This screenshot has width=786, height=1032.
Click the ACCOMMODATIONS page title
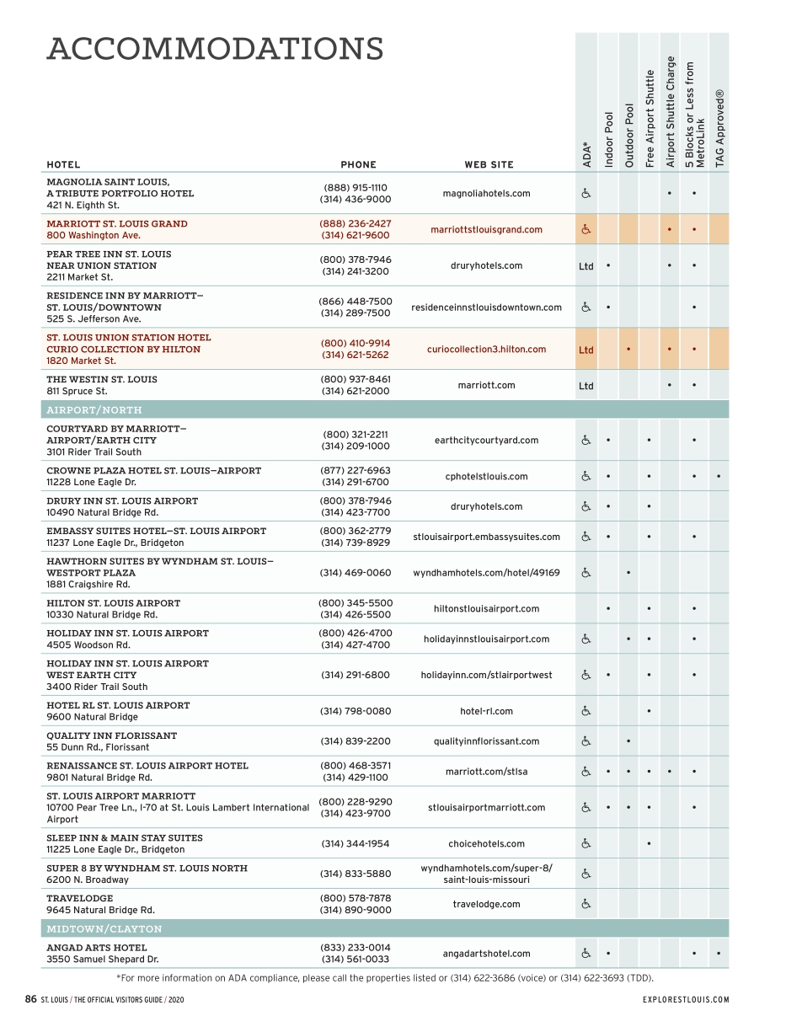(x=215, y=50)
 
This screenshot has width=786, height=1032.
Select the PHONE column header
(x=358, y=165)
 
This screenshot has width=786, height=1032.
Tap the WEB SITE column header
(x=489, y=165)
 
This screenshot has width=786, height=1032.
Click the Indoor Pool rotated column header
(x=608, y=139)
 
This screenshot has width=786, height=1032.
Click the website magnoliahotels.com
(x=486, y=194)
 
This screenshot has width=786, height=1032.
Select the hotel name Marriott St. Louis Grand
(x=117, y=224)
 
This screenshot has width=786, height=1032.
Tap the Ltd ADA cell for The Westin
(x=585, y=386)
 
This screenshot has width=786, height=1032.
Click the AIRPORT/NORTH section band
(x=385, y=410)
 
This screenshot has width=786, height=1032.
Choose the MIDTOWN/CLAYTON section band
(x=385, y=929)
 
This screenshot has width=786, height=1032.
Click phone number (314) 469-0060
(x=356, y=573)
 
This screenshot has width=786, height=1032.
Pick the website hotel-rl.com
(x=486, y=711)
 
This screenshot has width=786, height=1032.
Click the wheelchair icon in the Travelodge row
(x=585, y=904)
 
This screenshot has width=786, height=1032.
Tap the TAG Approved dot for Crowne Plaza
(x=719, y=477)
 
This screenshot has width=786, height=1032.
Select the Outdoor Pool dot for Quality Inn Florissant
(x=628, y=741)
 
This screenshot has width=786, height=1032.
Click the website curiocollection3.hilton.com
(x=486, y=350)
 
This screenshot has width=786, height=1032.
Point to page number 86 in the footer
(x=30, y=1000)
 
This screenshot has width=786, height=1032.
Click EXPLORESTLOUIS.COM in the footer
(x=685, y=1000)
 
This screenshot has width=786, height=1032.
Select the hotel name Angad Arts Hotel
(x=96, y=948)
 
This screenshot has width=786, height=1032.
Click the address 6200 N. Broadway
(x=88, y=880)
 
